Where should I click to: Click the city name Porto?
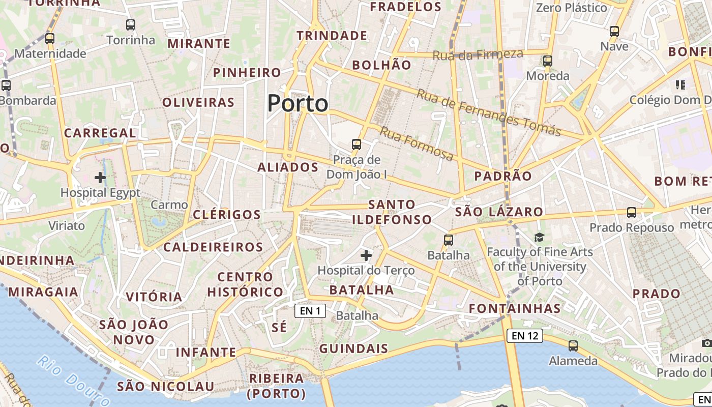pyautogui.click(x=298, y=104)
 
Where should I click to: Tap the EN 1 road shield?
pyautogui.click(x=310, y=310)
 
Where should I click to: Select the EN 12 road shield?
pyautogui.click(x=524, y=336)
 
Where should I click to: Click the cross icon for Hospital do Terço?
pyautogui.click(x=366, y=255)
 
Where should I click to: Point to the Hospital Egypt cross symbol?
pyautogui.click(x=100, y=178)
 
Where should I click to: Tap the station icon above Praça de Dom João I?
pyautogui.click(x=357, y=144)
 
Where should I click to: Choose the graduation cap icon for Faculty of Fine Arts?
pyautogui.click(x=539, y=237)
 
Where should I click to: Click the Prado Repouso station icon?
pyautogui.click(x=632, y=213)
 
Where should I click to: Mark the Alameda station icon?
pyautogui.click(x=573, y=346)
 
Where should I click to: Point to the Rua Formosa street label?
pyautogui.click(x=417, y=144)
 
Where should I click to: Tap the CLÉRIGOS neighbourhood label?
pyautogui.click(x=227, y=215)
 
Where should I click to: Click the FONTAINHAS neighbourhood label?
pyautogui.click(x=515, y=308)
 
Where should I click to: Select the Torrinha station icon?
pyautogui.click(x=131, y=25)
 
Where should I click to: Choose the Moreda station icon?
pyautogui.click(x=548, y=61)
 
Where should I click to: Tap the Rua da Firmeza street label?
pyautogui.click(x=478, y=54)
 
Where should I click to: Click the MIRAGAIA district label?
pyautogui.click(x=43, y=292)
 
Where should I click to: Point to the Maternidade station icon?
pyautogui.click(x=50, y=38)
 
